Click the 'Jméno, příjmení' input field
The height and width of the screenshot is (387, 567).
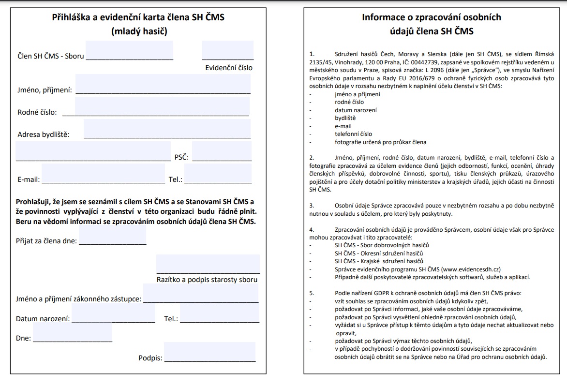[163, 84]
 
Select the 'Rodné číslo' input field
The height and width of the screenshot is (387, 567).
[162, 106]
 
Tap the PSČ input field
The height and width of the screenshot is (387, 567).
[222, 151]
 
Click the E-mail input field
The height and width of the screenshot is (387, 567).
[103, 174]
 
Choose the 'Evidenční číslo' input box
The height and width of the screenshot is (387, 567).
[227, 50]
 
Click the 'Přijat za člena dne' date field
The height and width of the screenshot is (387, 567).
[112, 236]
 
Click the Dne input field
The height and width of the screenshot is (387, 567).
[73, 333]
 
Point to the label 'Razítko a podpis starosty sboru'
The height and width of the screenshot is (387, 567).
[207, 280]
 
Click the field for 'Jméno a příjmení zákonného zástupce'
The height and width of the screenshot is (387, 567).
[201, 293]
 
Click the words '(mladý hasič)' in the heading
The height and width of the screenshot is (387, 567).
[139, 32]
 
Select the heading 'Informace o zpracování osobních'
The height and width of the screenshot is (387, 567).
[432, 18]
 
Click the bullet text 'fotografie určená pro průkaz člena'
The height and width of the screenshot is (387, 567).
[380, 142]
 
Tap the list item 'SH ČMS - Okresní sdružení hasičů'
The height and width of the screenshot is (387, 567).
[379, 253]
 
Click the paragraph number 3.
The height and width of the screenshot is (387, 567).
[312, 206]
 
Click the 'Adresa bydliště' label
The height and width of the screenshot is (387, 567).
[44, 134]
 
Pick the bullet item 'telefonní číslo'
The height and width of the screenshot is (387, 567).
[353, 134]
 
